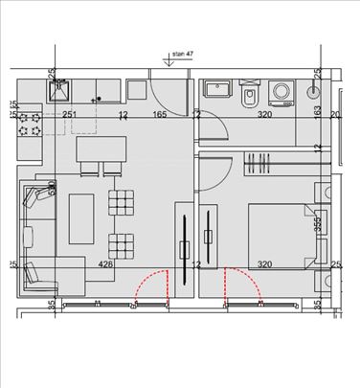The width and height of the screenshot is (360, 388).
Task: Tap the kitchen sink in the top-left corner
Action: click(x=59, y=91)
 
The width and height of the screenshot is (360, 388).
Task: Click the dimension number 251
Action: click(x=69, y=115)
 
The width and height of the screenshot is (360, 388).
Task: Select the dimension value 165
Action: click(x=160, y=115)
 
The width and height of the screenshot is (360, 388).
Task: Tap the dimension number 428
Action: click(x=107, y=264)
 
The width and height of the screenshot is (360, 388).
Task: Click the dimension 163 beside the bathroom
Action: click(x=318, y=112)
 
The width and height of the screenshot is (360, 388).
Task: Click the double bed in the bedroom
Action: click(x=279, y=234)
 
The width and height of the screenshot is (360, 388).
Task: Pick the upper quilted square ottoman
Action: click(x=123, y=203)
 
